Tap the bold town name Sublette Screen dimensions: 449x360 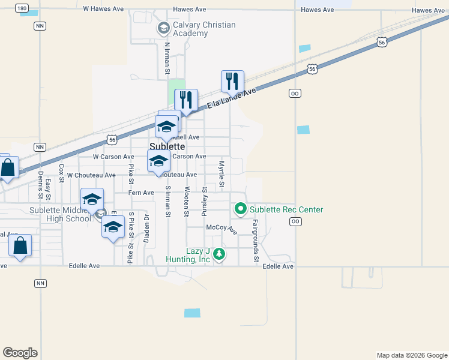click(x=166, y=146)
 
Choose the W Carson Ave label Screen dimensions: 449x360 click(x=113, y=157)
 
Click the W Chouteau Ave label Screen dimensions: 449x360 click(x=91, y=175)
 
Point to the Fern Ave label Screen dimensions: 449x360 click(x=141, y=193)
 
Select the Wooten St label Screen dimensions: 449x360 click(x=187, y=201)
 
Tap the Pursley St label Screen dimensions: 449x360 click(x=205, y=201)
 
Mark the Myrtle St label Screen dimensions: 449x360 click(x=221, y=173)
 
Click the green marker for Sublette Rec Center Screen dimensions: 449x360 click(x=241, y=209)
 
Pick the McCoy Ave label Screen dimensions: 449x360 click(x=221, y=229)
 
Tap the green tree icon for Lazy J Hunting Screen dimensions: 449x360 click(x=219, y=254)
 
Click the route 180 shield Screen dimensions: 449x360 click(x=22, y=8)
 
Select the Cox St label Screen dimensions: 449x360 click(x=61, y=173)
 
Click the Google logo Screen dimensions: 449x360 click(x=20, y=352)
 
